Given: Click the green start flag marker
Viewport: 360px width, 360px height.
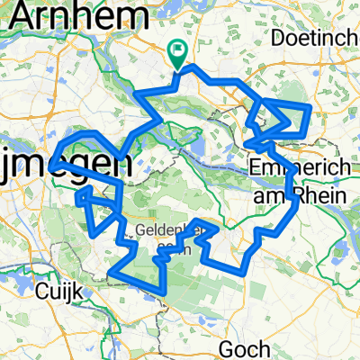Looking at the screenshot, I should tap(178, 56).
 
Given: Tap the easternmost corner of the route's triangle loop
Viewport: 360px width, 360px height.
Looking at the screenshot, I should tap(310, 106).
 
